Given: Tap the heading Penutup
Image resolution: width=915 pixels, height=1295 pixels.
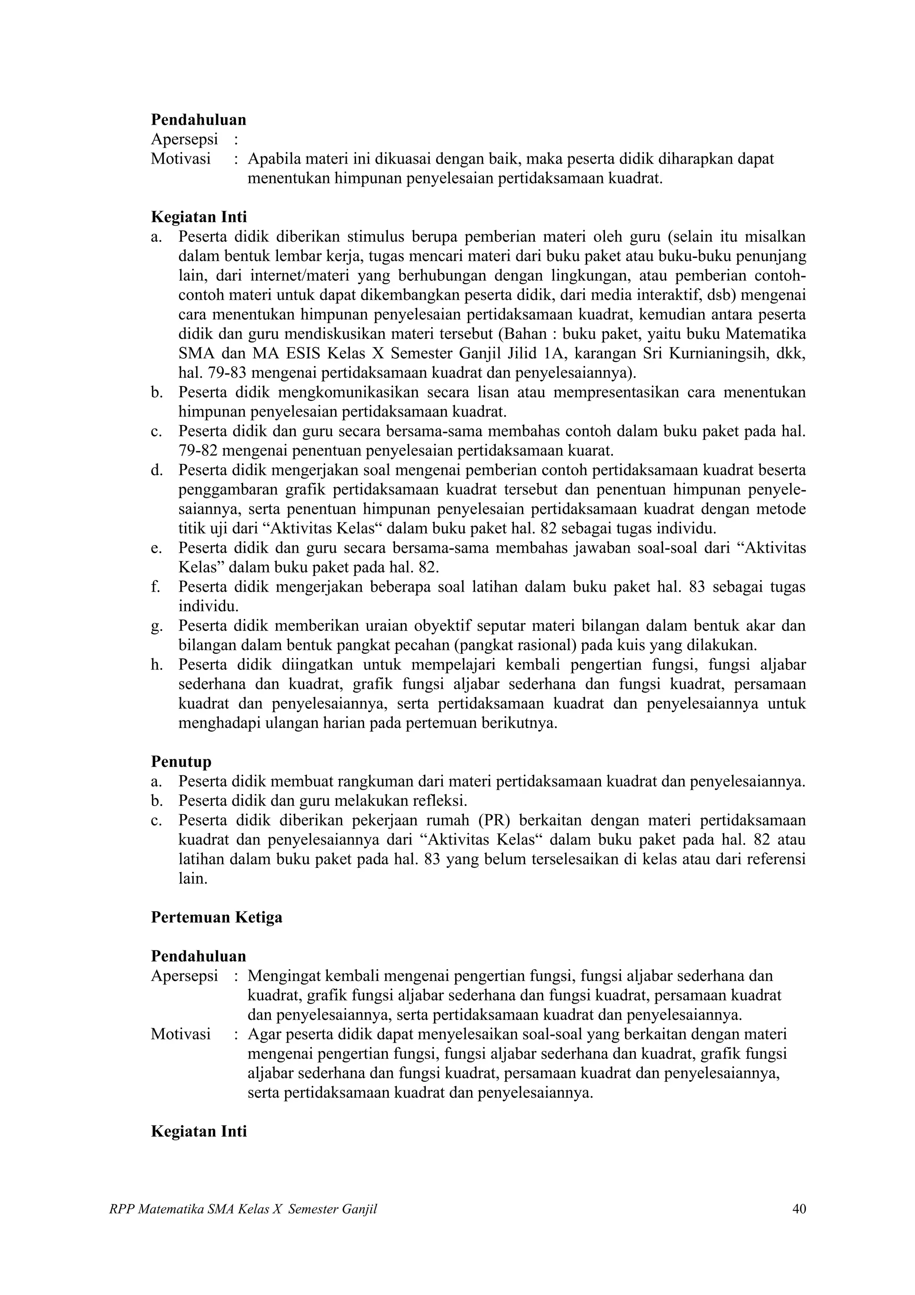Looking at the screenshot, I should pos(181,762).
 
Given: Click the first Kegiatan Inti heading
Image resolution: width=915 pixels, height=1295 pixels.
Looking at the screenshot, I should pos(198,217).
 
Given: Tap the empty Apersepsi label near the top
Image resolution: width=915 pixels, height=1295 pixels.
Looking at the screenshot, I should pos(184,139).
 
